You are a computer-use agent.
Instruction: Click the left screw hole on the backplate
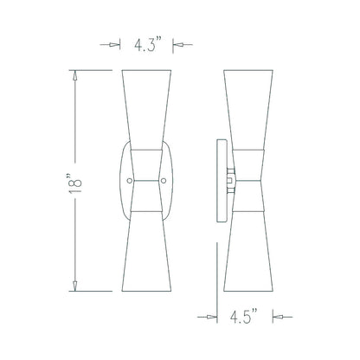tap(131, 180)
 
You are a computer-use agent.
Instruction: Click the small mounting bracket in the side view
tap(230, 180)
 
